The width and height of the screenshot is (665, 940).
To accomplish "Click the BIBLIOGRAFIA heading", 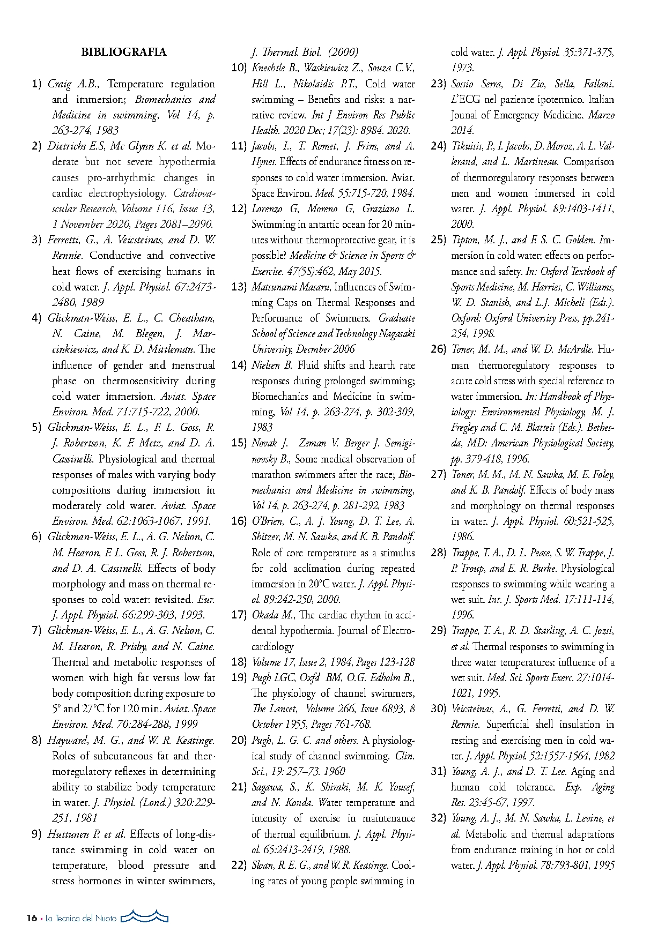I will point(123,52).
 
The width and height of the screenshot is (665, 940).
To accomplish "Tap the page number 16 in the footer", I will point(32,919).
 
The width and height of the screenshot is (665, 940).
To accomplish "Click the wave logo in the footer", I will point(145,917).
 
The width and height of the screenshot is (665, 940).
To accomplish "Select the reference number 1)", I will point(36,84).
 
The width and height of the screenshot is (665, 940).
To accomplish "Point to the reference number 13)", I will point(239,287).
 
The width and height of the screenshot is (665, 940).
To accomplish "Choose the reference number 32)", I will point(438,818).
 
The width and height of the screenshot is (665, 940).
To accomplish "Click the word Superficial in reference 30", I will point(508,724).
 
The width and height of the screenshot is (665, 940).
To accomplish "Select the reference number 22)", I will point(239,865).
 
